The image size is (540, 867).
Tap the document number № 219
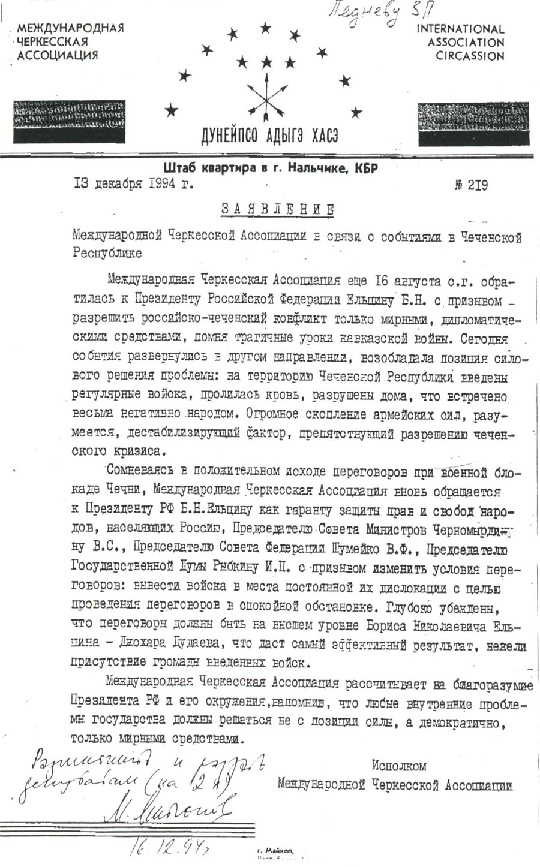[x=471, y=185]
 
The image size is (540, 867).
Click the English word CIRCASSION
[x=470, y=56]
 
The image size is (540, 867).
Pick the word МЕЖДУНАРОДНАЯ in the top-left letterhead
[x=70, y=29]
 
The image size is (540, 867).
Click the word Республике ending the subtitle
[x=107, y=252]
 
